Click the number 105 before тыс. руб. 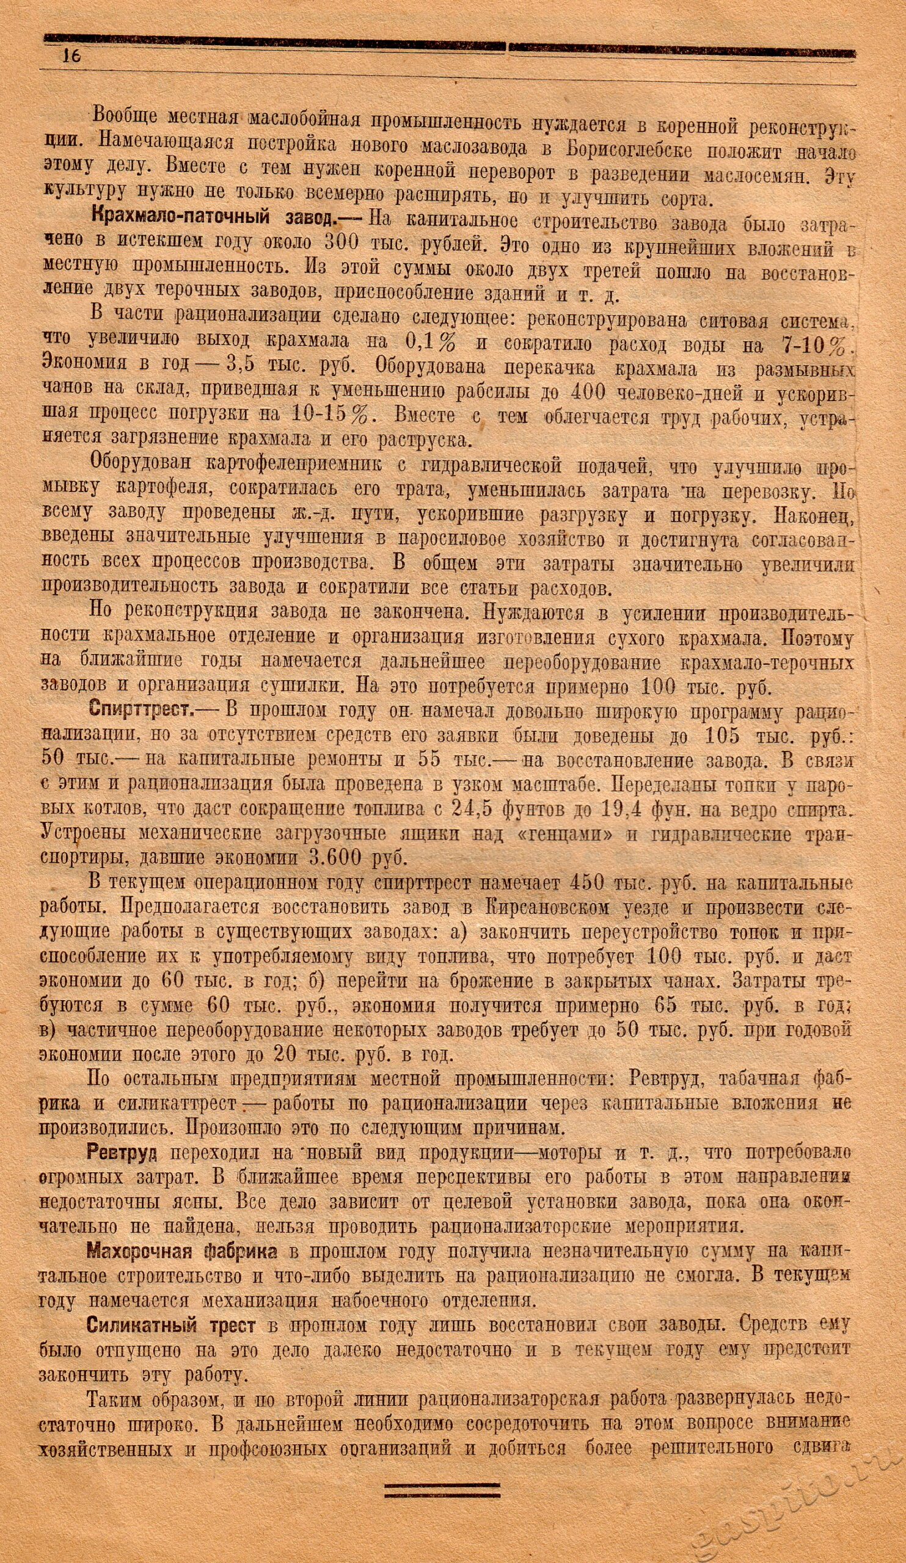point(723,736)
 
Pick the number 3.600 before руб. point(334,858)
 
